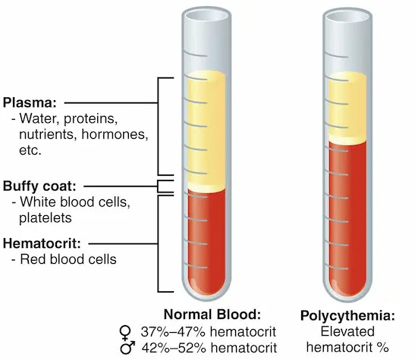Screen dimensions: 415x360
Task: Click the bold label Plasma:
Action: click(30, 102)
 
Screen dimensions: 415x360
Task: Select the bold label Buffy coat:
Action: click(39, 186)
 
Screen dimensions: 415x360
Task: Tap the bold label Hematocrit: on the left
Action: click(42, 243)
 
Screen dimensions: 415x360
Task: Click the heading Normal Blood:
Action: click(212, 315)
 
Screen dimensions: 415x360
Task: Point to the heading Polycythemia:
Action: click(347, 315)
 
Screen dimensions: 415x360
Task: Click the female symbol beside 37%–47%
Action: click(125, 333)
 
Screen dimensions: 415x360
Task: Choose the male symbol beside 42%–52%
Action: click(127, 348)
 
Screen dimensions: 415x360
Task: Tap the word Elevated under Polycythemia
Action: click(347, 331)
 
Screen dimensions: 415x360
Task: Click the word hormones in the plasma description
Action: click(115, 134)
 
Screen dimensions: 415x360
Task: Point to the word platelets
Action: click(46, 218)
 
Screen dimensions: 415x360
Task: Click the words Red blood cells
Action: click(68, 259)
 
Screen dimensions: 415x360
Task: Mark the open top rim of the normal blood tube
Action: click(206, 15)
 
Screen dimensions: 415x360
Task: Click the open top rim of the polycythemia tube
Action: click(347, 17)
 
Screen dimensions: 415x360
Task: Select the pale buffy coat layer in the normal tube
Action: click(206, 188)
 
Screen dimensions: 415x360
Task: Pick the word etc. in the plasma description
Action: click(30, 150)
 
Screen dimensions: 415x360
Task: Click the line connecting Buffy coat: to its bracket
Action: click(121, 186)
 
